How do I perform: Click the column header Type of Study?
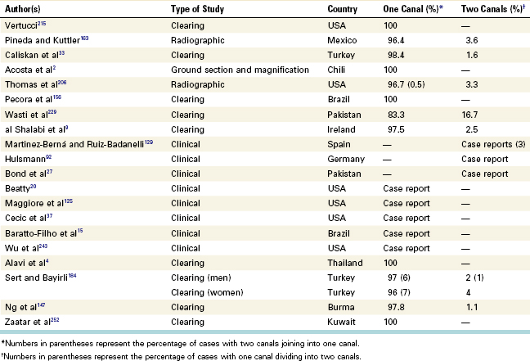pyautogui.click(x=197, y=9)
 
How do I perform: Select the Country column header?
pyautogui.click(x=342, y=9)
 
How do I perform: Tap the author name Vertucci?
pyautogui.click(x=21, y=25)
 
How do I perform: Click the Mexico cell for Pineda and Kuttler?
pyautogui.click(x=342, y=40)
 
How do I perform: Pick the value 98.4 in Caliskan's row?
pyautogui.click(x=396, y=55)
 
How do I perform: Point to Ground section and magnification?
pyautogui.click(x=240, y=70)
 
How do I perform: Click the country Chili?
pyautogui.click(x=336, y=70)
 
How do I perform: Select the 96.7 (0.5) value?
pyautogui.click(x=406, y=84)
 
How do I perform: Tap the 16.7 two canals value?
pyautogui.click(x=469, y=115)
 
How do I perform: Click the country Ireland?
pyautogui.click(x=341, y=129)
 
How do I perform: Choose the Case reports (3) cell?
pyautogui.click(x=493, y=144)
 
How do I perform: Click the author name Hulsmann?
pyautogui.click(x=25, y=159)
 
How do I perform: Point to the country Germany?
pyautogui.click(x=346, y=160)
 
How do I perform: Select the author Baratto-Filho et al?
pyautogui.click(x=41, y=233)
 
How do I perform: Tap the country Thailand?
pyautogui.click(x=345, y=263)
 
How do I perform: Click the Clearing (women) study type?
pyautogui.click(x=207, y=292)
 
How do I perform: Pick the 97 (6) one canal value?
pyautogui.click(x=399, y=278)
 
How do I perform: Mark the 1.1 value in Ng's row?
pyautogui.click(x=472, y=307)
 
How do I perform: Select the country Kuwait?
pyautogui.click(x=341, y=322)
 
